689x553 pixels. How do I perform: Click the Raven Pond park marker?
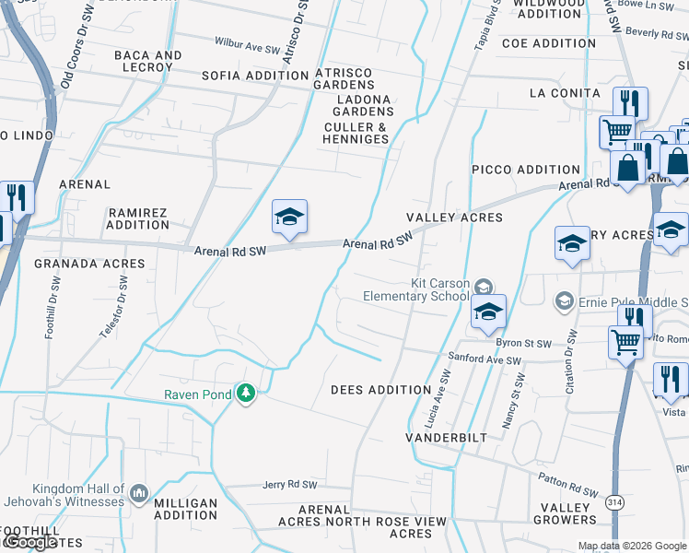click(245, 394)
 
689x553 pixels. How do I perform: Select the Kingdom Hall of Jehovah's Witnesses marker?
click(139, 494)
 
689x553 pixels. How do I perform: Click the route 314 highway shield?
click(614, 503)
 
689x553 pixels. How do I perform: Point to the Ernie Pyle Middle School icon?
click(564, 301)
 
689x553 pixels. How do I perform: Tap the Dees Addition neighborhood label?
click(381, 390)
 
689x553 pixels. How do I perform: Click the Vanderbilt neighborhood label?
click(447, 438)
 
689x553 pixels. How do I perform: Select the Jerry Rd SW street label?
click(289, 485)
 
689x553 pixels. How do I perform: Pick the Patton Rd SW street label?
click(564, 487)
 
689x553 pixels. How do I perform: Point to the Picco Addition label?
click(526, 170)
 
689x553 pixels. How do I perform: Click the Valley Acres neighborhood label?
click(455, 218)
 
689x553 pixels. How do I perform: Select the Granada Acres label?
click(90, 264)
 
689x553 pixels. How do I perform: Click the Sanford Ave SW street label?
click(478, 358)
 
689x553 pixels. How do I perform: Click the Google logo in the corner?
click(29, 543)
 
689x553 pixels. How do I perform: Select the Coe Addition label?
click(549, 43)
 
